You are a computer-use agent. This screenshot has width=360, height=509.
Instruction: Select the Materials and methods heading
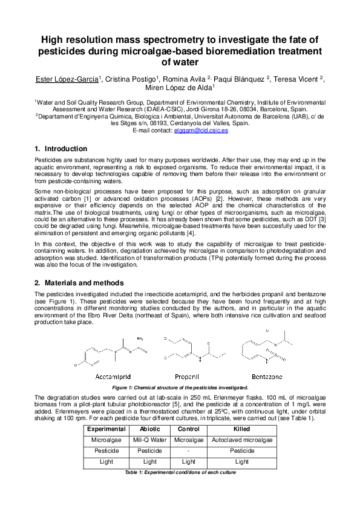point(84,283)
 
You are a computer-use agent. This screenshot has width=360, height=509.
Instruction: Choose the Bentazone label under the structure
point(266,376)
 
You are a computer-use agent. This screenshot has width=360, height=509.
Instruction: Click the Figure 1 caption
point(180,387)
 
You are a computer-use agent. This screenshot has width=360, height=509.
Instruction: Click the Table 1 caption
point(180,472)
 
